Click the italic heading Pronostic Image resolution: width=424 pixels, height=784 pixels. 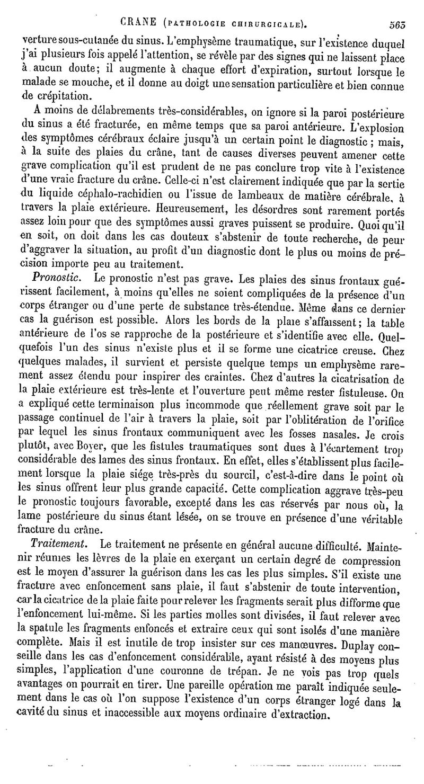point(56,277)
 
